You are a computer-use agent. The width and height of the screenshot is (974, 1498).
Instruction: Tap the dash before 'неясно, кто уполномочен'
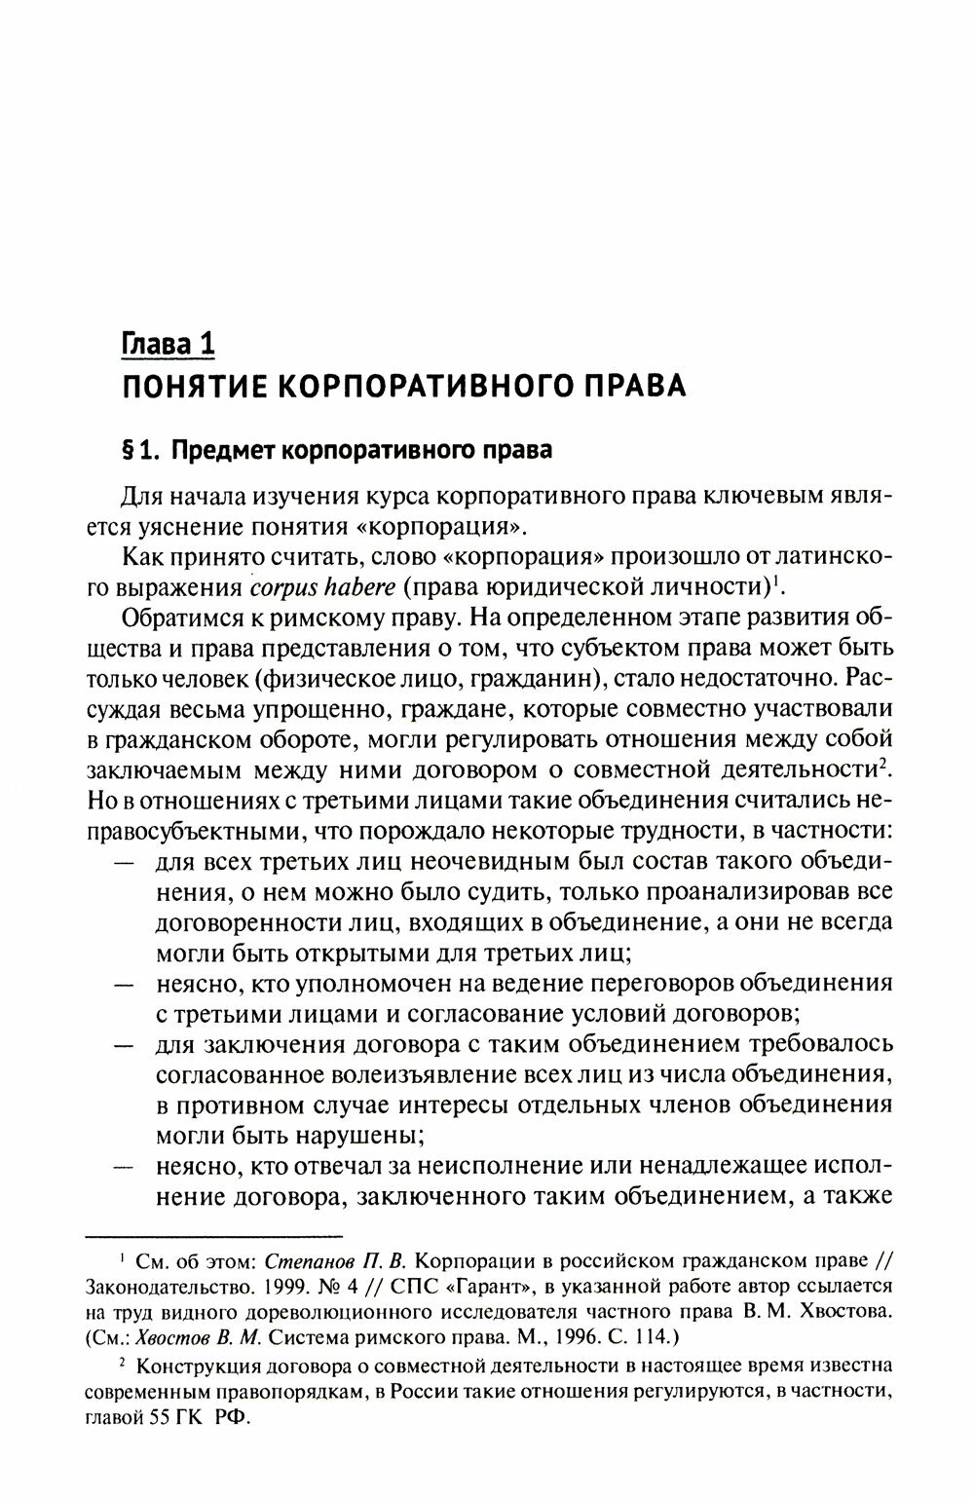click(124, 985)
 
